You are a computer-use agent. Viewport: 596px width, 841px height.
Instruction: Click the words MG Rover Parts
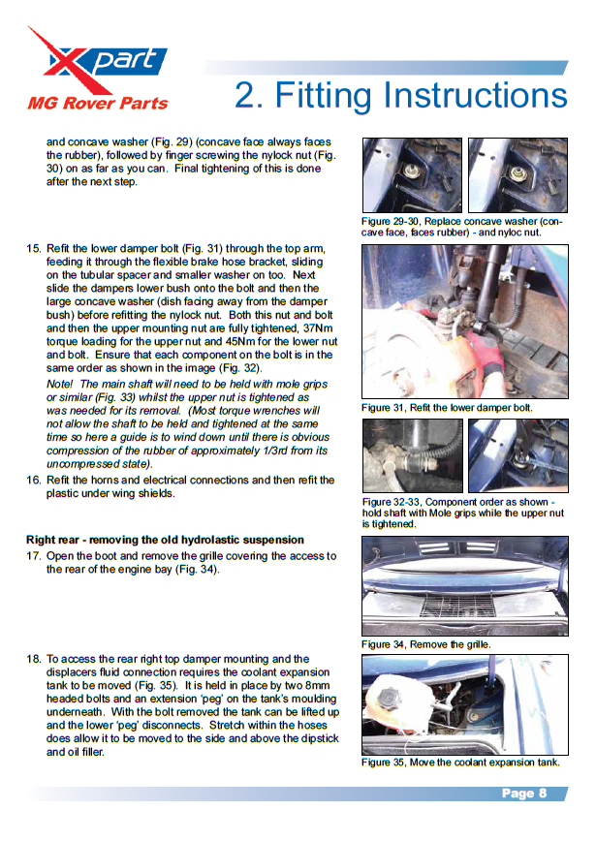tap(97, 103)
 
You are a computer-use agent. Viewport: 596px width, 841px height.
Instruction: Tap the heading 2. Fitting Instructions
tap(400, 95)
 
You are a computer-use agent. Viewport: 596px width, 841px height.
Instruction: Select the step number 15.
tap(33, 249)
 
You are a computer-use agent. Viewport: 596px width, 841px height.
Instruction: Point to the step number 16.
tap(33, 481)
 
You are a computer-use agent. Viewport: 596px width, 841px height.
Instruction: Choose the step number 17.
tap(33, 556)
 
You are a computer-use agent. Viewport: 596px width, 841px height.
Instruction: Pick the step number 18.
tap(33, 659)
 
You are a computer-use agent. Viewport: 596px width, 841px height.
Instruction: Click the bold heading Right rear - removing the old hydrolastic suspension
tap(165, 539)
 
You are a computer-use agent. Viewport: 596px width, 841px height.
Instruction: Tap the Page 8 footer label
tap(524, 794)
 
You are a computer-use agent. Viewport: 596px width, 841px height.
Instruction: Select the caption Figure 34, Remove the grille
tap(426, 644)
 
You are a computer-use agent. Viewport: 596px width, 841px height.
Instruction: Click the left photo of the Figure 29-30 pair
tap(411, 175)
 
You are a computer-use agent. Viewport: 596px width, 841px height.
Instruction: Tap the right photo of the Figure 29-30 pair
tap(518, 175)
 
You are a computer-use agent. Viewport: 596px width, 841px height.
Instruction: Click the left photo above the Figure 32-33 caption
tap(411, 455)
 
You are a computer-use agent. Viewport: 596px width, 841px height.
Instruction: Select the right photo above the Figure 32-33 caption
tap(518, 455)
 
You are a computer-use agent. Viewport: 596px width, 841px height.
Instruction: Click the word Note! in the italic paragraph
tap(60, 385)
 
